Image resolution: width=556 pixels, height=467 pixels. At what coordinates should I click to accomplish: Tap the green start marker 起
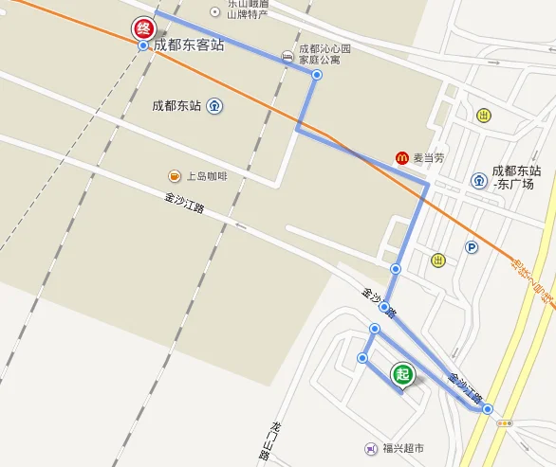coord(402,374)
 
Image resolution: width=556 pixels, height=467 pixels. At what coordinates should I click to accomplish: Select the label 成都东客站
coord(189,45)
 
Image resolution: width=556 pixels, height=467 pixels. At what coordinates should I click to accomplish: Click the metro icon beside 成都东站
coord(216,106)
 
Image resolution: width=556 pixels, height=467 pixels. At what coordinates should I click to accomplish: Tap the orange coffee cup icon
coord(175,175)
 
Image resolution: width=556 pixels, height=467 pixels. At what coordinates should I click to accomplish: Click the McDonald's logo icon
coord(402,157)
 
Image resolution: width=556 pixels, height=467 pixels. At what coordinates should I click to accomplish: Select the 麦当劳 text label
coord(427,158)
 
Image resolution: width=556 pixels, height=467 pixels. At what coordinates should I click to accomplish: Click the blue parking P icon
coord(472,247)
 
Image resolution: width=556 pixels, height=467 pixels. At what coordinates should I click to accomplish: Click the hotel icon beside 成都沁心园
coord(288,53)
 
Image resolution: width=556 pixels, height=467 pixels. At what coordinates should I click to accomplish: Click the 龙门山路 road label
coord(266,440)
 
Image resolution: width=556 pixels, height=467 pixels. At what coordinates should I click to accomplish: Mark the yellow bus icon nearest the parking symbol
coord(436,260)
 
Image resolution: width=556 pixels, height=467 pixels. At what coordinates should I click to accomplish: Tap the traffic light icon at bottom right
coord(504,423)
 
